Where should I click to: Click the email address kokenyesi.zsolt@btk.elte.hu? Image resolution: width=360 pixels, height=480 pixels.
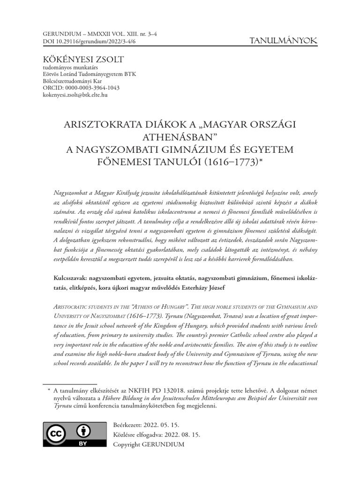pos(75,95)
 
